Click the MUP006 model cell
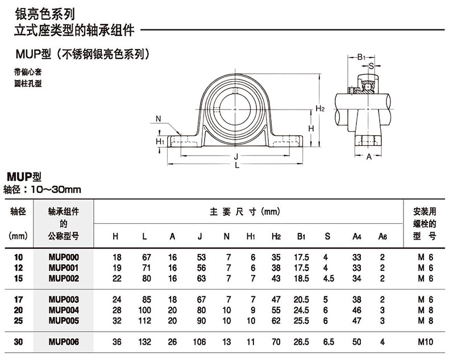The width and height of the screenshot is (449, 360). (x=64, y=342)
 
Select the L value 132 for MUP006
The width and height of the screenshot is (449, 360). (x=145, y=342)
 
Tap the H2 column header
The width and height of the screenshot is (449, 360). (x=277, y=236)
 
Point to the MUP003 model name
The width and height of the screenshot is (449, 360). (x=64, y=299)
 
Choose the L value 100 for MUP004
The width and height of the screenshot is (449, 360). (x=145, y=309)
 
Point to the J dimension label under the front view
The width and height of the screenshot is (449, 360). (x=235, y=156)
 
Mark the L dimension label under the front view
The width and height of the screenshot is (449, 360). (x=236, y=166)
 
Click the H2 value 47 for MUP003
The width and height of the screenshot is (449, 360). (x=277, y=299)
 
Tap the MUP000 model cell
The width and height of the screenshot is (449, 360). (x=64, y=258)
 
